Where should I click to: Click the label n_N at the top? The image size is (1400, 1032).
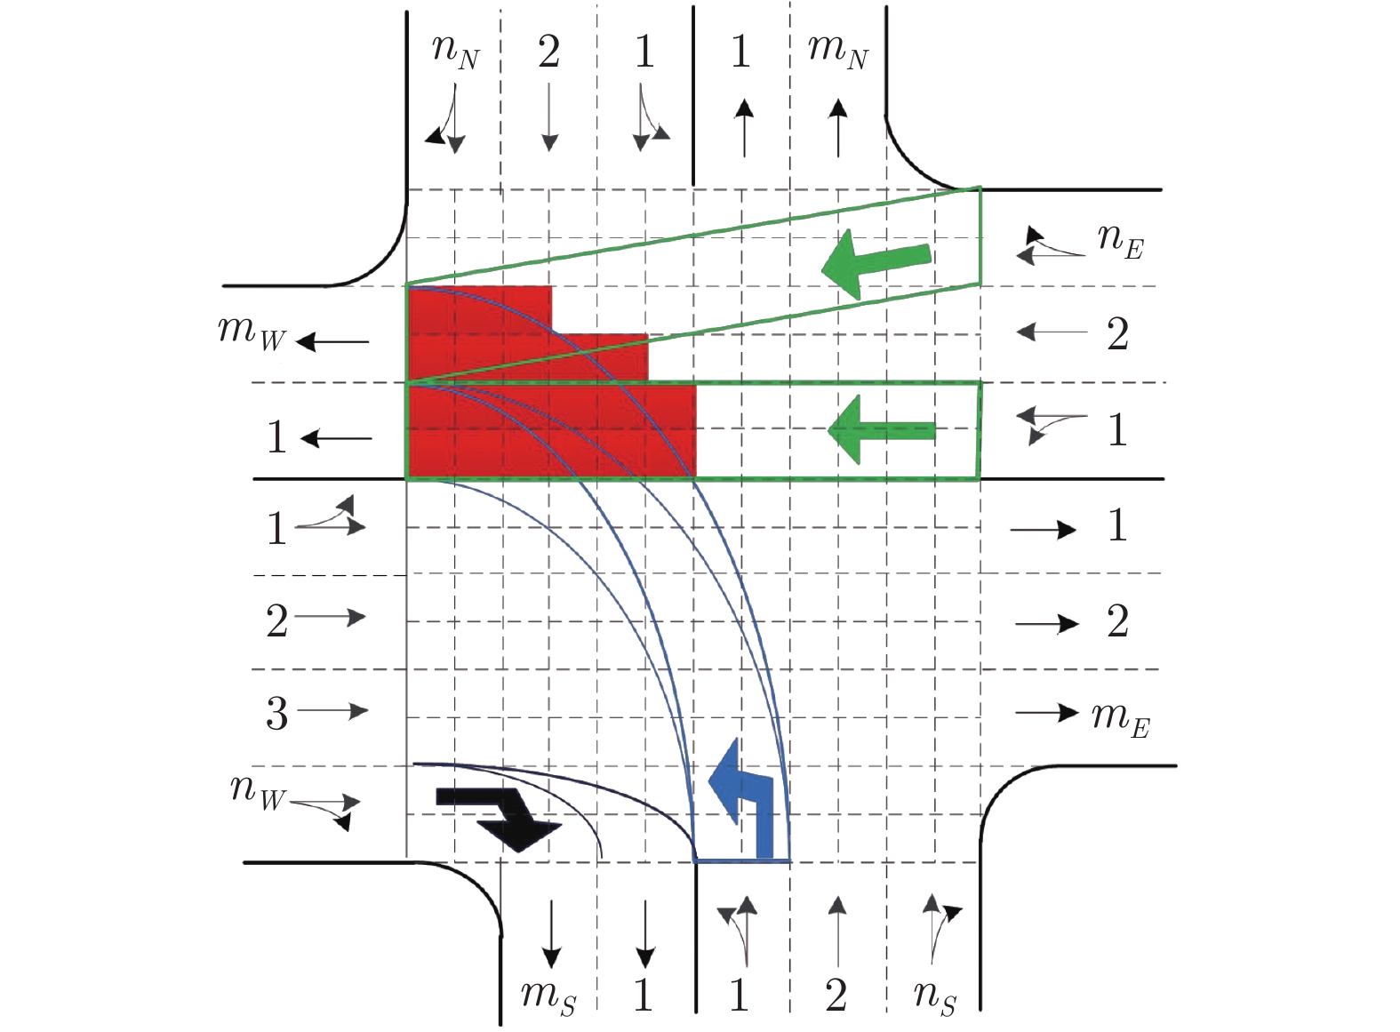(455, 51)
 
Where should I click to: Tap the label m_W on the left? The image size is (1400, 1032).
(252, 332)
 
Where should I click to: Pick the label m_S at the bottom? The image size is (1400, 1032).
(548, 995)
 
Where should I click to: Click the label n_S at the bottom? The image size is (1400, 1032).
(935, 996)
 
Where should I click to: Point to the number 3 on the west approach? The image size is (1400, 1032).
(277, 714)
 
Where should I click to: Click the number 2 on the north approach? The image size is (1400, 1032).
(549, 52)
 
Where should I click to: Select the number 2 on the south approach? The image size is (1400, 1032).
(836, 995)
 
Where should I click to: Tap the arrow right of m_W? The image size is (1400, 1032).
(332, 341)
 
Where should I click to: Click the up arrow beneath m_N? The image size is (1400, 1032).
(837, 128)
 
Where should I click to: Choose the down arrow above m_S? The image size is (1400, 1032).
(551, 933)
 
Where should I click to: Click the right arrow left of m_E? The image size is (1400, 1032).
(1046, 713)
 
